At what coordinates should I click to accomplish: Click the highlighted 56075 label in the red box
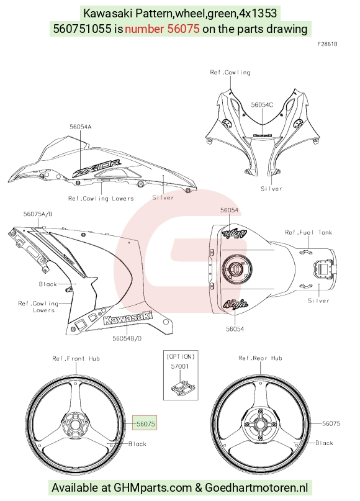(x=145, y=423)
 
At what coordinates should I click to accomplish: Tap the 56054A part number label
(x=81, y=127)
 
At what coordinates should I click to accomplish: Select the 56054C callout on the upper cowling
(x=262, y=105)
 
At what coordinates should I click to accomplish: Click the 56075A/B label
(x=38, y=214)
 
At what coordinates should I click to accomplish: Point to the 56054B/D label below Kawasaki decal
(x=127, y=338)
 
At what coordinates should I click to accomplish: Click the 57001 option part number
(x=179, y=366)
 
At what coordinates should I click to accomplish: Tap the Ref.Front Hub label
(x=76, y=358)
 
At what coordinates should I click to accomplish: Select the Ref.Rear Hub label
(x=260, y=358)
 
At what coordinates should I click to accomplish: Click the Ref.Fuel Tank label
(x=308, y=232)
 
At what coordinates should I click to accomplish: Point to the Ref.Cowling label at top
(x=230, y=72)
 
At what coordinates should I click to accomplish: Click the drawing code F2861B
(x=328, y=44)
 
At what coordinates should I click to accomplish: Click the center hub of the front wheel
(x=75, y=425)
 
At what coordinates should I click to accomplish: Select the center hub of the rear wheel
(x=260, y=425)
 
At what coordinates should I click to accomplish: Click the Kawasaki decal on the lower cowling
(x=128, y=318)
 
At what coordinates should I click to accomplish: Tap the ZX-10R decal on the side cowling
(x=97, y=168)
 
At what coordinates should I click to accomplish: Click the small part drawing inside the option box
(x=182, y=387)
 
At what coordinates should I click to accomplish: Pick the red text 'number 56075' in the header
(x=162, y=29)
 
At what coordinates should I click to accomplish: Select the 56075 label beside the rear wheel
(x=331, y=423)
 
